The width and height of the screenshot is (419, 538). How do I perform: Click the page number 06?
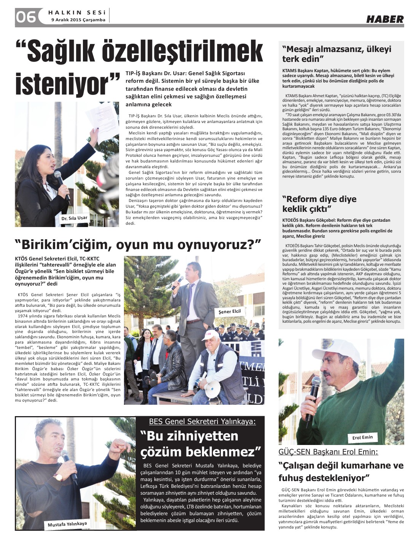click(x=25, y=16)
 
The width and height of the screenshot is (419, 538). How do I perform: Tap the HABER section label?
click(x=385, y=19)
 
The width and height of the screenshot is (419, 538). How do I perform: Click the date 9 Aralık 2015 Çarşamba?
click(x=78, y=20)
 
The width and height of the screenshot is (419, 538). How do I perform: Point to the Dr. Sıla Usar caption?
click(x=74, y=219)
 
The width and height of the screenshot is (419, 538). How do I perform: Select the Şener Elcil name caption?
click(x=230, y=311)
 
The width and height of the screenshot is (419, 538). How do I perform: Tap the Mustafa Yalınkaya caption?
click(x=67, y=525)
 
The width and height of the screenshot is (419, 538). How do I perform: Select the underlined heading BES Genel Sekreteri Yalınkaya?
click(x=202, y=421)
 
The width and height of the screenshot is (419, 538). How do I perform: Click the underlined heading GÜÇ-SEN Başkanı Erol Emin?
click(x=328, y=452)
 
